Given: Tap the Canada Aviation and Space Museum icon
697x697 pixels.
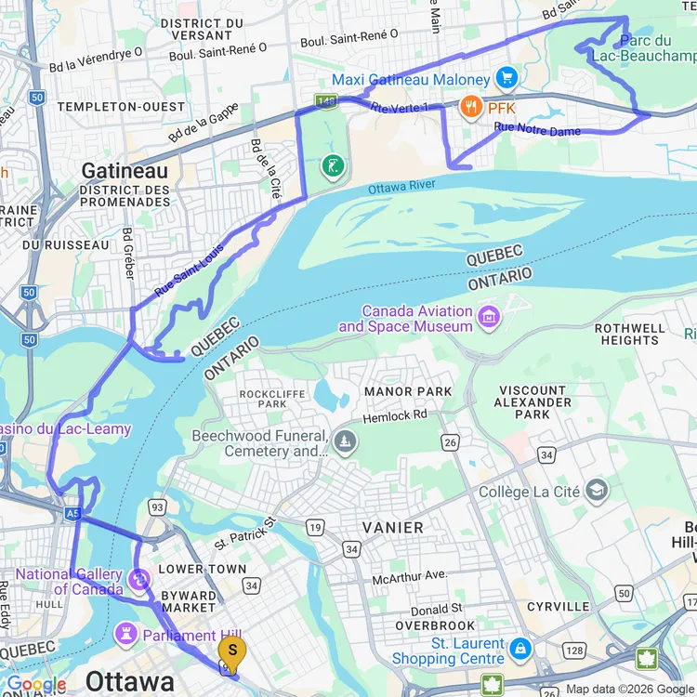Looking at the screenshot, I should [488, 320].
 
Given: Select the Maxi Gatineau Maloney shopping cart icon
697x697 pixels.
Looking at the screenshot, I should [506, 77].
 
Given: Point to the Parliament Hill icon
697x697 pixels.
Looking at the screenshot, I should [125, 635].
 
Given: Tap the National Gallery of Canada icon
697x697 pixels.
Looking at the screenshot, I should [139, 580].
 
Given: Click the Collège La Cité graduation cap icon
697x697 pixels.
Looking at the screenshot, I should [596, 491].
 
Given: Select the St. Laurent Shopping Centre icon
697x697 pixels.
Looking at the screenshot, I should [520, 648].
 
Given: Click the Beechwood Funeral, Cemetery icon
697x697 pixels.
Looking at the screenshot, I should [346, 440].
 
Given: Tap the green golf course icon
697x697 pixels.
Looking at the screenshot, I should [332, 167].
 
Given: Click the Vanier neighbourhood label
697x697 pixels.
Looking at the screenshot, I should [392, 527].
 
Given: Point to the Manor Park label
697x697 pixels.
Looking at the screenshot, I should [407, 392].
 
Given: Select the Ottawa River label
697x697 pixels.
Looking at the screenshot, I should [401, 187].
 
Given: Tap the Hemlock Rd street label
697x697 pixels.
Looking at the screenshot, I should [395, 414].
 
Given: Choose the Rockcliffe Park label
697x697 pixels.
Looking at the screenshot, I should [272, 399].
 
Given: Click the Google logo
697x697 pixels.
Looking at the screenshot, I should [36, 685].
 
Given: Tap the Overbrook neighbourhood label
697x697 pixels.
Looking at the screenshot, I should [435, 625].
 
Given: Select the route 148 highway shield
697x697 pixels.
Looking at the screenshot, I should [325, 99].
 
